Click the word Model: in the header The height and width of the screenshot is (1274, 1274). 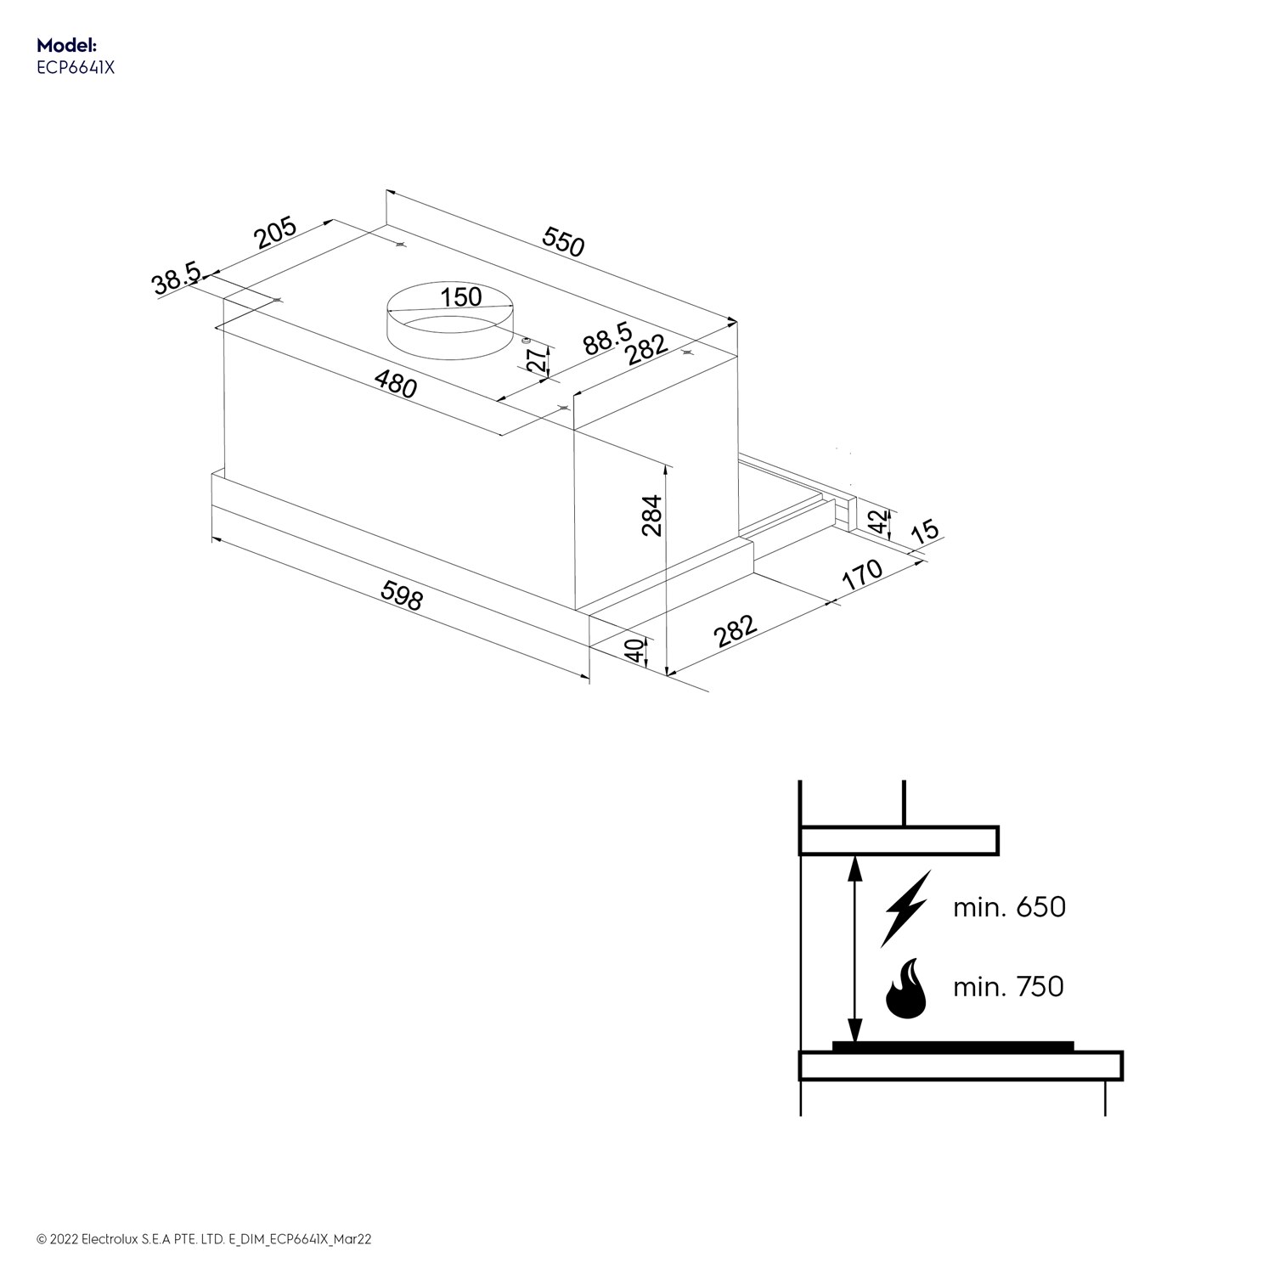[x=67, y=46]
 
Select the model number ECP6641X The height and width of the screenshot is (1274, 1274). [x=75, y=69]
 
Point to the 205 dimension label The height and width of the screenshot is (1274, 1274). [x=274, y=233]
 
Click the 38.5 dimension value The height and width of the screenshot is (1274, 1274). [x=176, y=280]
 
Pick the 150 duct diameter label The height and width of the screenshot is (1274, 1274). [x=461, y=297]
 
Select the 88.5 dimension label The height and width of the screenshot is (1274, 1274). [x=606, y=337]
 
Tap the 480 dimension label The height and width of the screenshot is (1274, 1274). [x=396, y=386]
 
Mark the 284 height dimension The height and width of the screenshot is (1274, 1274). [x=651, y=515]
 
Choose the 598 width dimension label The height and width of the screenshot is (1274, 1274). [x=401, y=595]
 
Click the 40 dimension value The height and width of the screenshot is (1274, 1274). [x=633, y=651]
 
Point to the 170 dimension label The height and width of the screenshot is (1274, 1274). [x=862, y=575]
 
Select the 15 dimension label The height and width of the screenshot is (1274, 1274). [x=925, y=531]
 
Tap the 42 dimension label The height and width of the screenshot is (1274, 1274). [x=881, y=521]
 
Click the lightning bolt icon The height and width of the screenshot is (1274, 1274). [x=906, y=907]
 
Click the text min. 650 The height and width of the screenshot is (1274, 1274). [x=1009, y=907]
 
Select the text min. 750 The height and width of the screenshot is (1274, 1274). [x=1008, y=987]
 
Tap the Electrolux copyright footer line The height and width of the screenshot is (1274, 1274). [x=204, y=1239]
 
